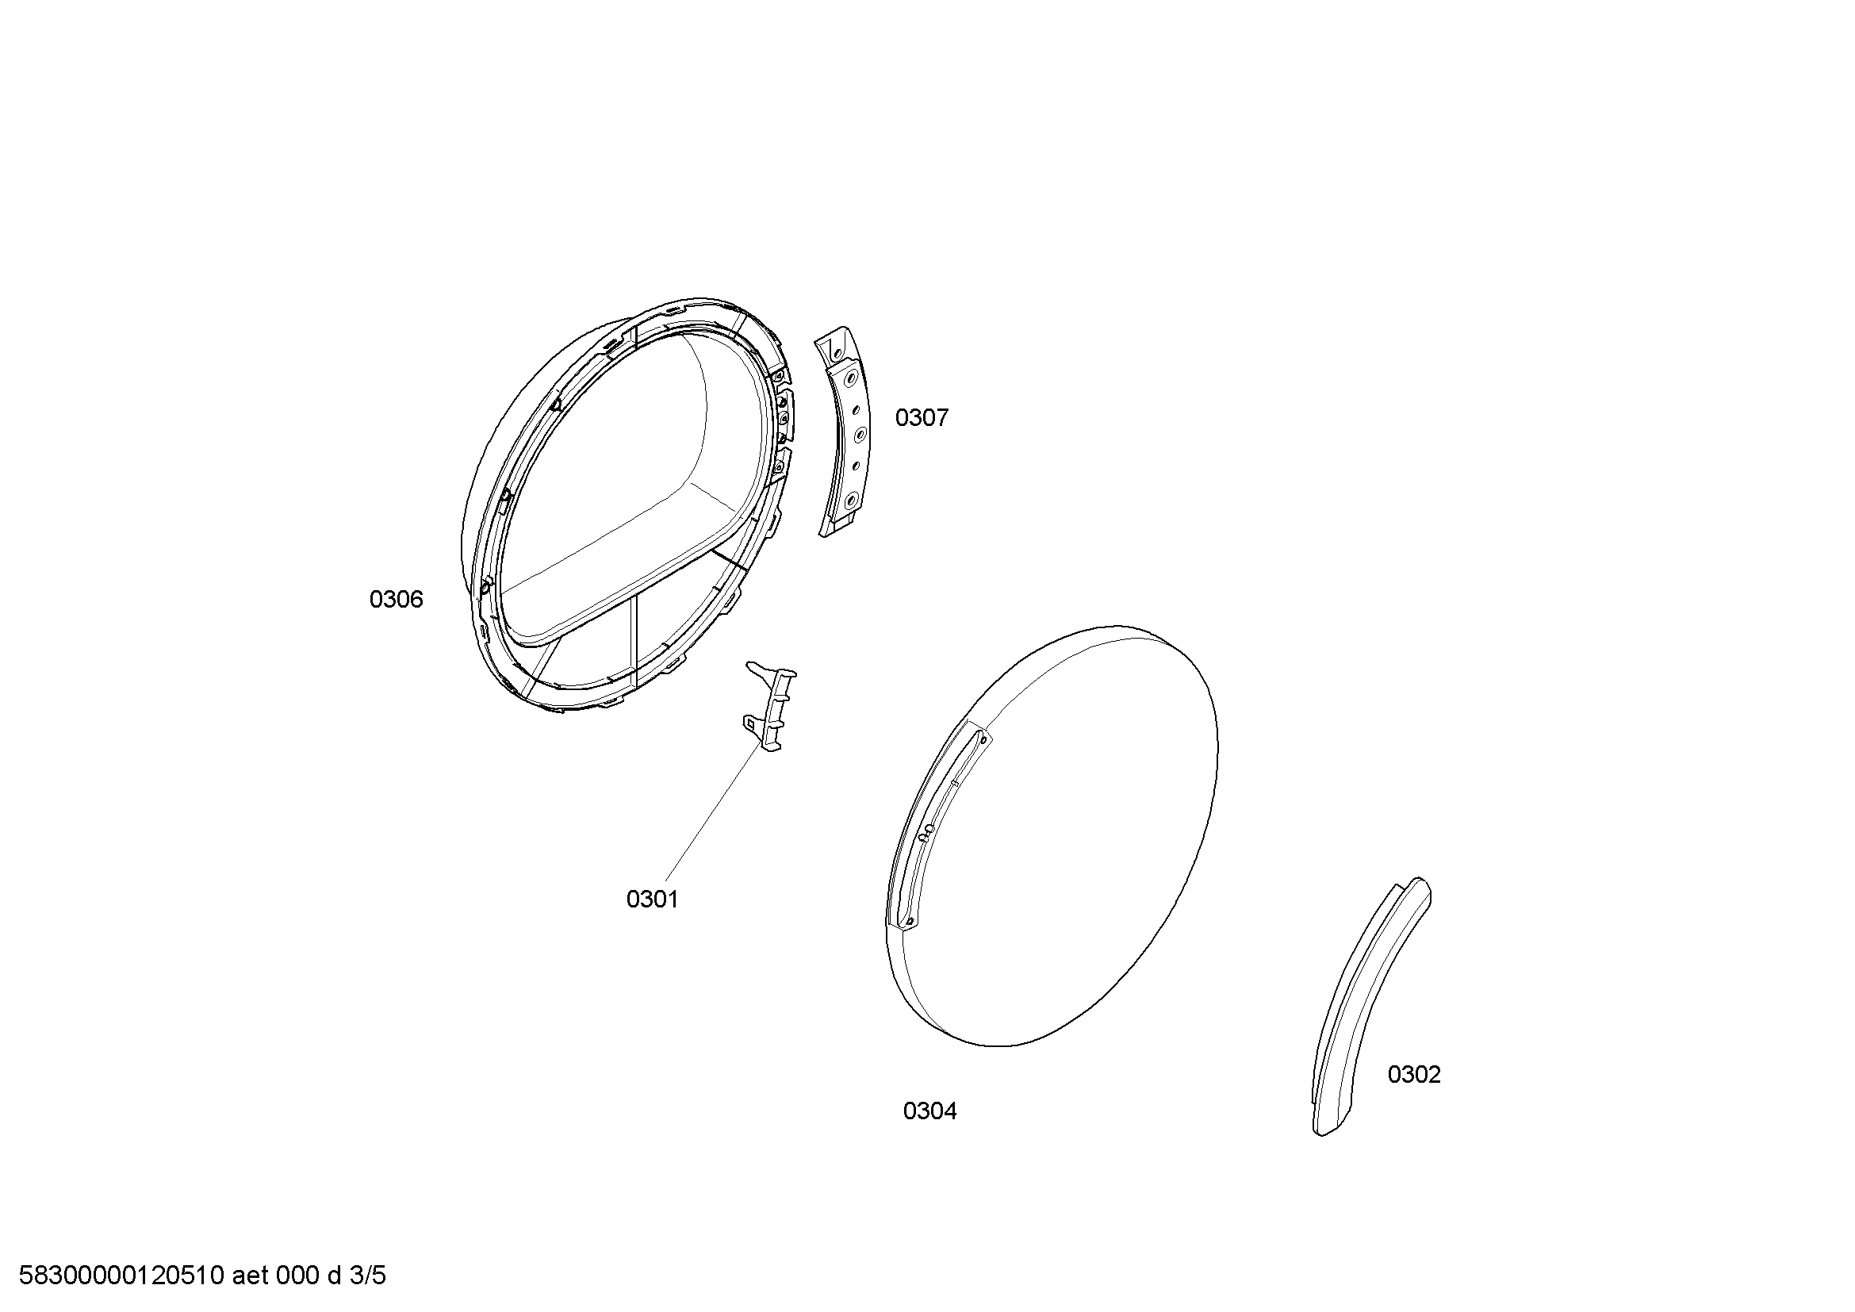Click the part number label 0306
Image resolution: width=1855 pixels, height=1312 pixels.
click(x=396, y=600)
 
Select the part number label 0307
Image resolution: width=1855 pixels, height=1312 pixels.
click(x=921, y=418)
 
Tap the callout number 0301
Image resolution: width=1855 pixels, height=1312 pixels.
click(x=652, y=900)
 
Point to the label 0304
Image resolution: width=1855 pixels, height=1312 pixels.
click(x=930, y=1111)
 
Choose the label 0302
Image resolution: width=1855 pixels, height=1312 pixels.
click(x=1414, y=1075)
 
